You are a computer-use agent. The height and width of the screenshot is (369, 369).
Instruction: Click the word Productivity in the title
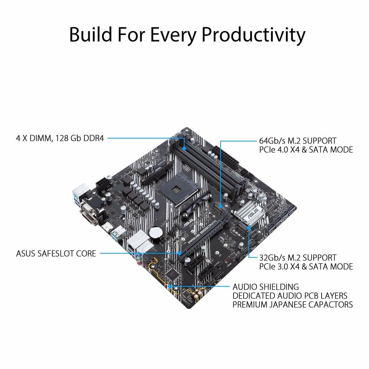click(x=253, y=35)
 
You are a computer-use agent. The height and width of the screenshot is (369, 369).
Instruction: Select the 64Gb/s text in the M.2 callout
click(x=272, y=141)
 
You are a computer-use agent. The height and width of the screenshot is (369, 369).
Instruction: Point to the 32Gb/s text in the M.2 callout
click(x=272, y=258)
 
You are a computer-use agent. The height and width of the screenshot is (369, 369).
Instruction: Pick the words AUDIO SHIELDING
click(x=266, y=287)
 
